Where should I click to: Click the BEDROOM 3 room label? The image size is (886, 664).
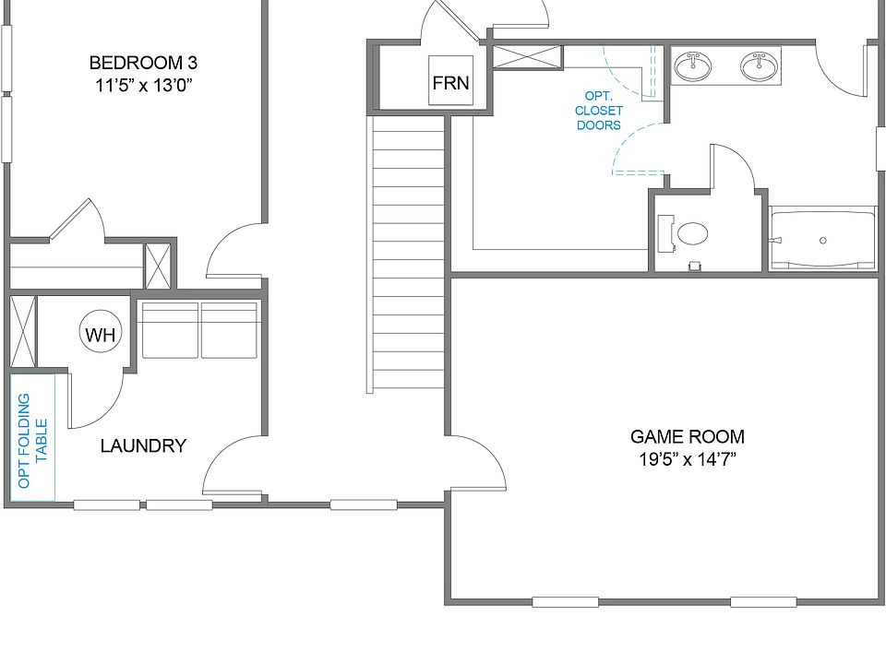click(x=143, y=63)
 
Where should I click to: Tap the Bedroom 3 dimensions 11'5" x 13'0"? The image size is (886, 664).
click(x=143, y=86)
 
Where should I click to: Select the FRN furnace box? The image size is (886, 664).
click(x=450, y=83)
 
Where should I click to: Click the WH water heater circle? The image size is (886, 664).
click(x=101, y=335)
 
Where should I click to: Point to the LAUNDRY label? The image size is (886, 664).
click(x=143, y=446)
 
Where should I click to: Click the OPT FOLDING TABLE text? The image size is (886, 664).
click(x=32, y=441)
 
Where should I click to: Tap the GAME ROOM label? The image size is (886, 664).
click(x=687, y=437)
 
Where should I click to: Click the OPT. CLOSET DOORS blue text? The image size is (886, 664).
click(x=599, y=111)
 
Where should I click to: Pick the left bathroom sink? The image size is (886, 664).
click(x=692, y=66)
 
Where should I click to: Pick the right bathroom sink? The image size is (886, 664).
click(x=760, y=66)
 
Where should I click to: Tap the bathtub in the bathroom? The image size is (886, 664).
click(x=822, y=240)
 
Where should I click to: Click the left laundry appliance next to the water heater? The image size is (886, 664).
click(x=170, y=330)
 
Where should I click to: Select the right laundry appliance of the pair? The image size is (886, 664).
click(x=229, y=330)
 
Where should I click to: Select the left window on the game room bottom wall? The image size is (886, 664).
click(x=565, y=602)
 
